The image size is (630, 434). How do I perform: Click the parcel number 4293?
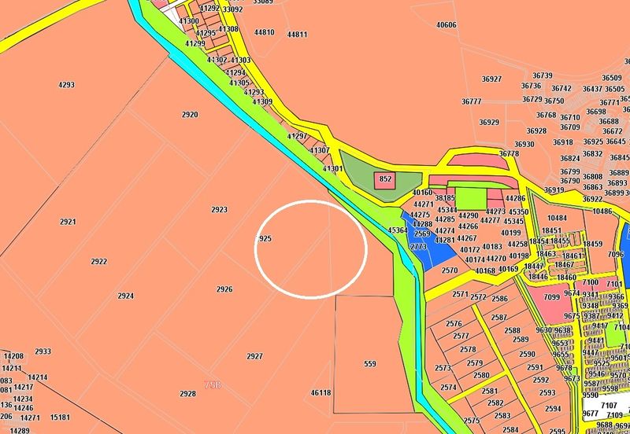pyautogui.click(x=66, y=84)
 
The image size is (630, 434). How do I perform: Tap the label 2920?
pyautogui.click(x=190, y=115)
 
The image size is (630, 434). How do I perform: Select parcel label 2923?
pyautogui.click(x=219, y=210)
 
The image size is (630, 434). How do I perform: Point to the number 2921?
pyautogui.click(x=68, y=223)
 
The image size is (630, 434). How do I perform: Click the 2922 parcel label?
pyautogui.click(x=99, y=262)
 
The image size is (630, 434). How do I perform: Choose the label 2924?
pyautogui.click(x=126, y=296)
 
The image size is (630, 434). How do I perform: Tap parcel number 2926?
pyautogui.click(x=224, y=289)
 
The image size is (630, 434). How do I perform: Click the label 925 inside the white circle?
pyautogui.click(x=265, y=237)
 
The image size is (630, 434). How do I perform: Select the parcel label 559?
pyautogui.click(x=370, y=364)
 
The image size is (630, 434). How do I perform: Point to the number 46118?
pyautogui.click(x=321, y=392)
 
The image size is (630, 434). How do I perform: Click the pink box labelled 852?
pyautogui.click(x=385, y=179)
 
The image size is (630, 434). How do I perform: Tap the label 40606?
pyautogui.click(x=446, y=25)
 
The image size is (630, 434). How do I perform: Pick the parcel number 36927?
pyautogui.click(x=491, y=79)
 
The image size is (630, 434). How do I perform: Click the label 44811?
pyautogui.click(x=297, y=35)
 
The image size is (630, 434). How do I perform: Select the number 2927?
pyautogui.click(x=254, y=356)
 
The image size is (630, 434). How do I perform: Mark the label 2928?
pyautogui.click(x=187, y=394)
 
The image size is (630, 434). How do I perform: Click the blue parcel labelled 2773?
pyautogui.click(x=418, y=246)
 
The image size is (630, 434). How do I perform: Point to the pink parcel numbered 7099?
pyautogui.click(x=551, y=297)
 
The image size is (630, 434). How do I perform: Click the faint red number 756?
pyautogui.click(x=213, y=384)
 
